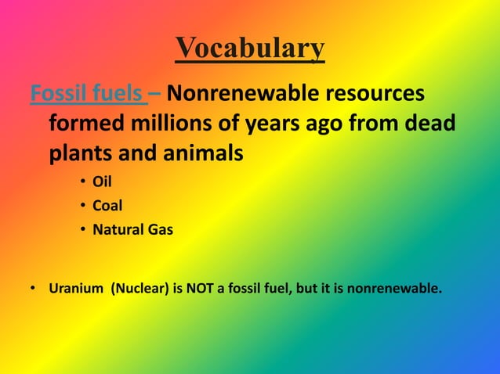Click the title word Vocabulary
point(250,48)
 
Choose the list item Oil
point(102,183)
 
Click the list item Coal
point(107,207)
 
